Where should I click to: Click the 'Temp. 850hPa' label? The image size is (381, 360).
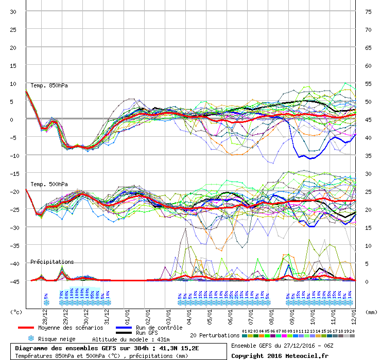49,85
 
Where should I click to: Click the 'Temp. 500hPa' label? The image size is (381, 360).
49,184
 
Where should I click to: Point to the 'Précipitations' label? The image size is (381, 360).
52,262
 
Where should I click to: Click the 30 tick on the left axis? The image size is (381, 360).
13,11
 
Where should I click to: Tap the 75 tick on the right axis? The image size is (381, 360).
368,11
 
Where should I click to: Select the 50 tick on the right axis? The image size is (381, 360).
368,101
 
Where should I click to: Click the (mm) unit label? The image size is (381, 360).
371,311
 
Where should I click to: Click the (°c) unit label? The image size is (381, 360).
16,311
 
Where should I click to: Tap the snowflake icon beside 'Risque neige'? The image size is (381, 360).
31,338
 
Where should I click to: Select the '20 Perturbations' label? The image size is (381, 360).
215,335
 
